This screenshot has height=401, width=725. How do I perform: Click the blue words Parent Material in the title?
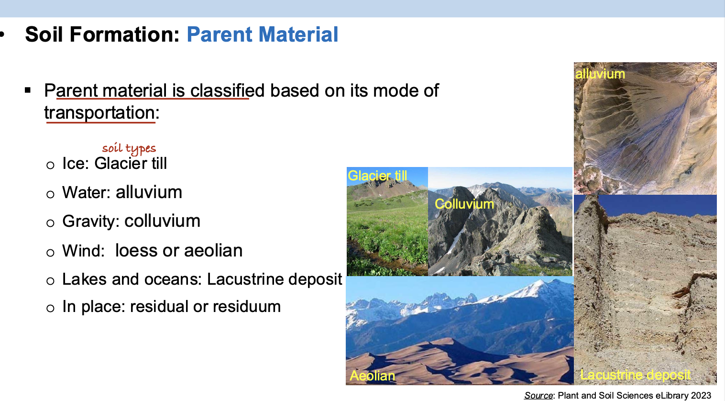click(x=263, y=34)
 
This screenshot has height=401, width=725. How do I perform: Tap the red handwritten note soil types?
click(x=129, y=148)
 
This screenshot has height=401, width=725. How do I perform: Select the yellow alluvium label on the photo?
click(x=600, y=74)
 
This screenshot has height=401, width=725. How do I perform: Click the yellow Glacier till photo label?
click(x=377, y=176)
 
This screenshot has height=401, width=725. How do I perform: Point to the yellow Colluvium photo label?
click(x=464, y=204)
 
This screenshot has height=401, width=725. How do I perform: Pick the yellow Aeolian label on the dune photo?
click(x=373, y=376)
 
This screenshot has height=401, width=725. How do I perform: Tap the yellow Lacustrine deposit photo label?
click(x=636, y=375)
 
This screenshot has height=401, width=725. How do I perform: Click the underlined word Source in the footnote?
click(x=538, y=395)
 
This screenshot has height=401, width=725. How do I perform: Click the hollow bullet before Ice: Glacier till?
click(x=50, y=165)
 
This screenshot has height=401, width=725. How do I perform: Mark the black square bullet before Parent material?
click(x=28, y=90)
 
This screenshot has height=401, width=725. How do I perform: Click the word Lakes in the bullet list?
click(x=84, y=279)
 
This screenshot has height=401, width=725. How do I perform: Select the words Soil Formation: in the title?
click(x=102, y=34)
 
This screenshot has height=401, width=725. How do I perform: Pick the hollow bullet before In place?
click(x=50, y=308)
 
